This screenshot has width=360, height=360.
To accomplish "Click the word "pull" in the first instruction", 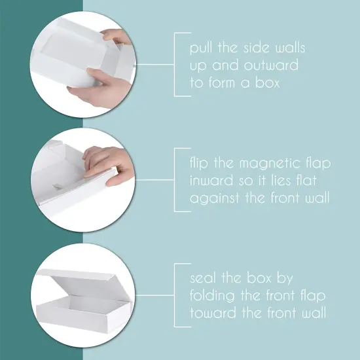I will [x=200, y=48].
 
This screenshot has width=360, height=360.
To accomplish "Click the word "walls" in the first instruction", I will [x=289, y=48].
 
